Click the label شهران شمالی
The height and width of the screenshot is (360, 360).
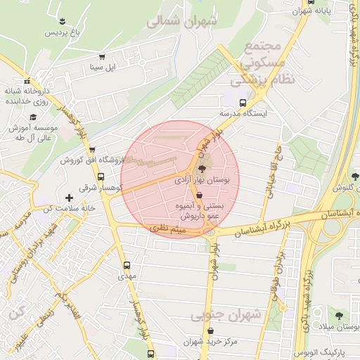(x=179, y=22)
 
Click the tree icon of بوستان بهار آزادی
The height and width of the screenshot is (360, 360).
(x=202, y=169)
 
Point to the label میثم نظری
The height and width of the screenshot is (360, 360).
(x=168, y=229)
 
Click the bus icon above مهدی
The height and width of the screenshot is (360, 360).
(x=127, y=265)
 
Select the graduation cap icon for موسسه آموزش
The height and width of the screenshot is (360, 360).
(x=33, y=117)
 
